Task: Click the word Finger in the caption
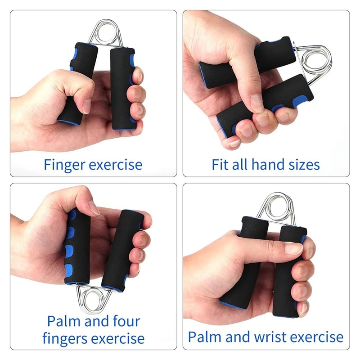coord(64,165)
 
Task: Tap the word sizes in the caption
coord(302,165)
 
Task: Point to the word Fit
coord(220,165)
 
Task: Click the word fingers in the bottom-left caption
coord(68,338)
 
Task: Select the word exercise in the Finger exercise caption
coord(116,165)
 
